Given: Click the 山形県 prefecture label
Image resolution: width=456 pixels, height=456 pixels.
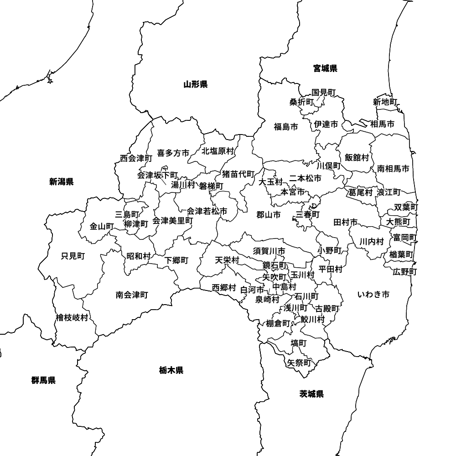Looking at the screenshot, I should click(x=196, y=84).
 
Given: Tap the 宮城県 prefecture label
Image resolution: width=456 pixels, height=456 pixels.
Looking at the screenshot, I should click(x=325, y=68).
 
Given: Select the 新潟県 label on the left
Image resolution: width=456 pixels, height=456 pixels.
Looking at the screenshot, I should click(x=62, y=182).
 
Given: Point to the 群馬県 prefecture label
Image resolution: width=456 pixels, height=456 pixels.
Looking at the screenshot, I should click(x=43, y=380).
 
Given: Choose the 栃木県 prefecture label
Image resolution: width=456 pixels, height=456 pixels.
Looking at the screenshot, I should click(x=171, y=370).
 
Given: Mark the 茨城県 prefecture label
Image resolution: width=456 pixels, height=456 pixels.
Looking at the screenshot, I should click(x=311, y=394).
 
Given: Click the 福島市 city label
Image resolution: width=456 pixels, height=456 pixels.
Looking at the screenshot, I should click(x=286, y=127).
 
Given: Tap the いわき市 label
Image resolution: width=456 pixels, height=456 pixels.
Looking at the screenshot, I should click(x=373, y=295).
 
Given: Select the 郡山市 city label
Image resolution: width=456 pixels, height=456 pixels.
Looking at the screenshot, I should click(x=268, y=215).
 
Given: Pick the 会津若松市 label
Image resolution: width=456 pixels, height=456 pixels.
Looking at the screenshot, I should click(x=207, y=211).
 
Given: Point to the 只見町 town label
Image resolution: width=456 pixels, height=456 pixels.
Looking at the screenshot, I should click(x=73, y=256).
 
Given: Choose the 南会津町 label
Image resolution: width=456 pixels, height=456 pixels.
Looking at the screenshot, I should click(x=132, y=295).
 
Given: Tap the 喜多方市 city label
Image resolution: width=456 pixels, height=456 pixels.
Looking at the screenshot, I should click(x=173, y=153).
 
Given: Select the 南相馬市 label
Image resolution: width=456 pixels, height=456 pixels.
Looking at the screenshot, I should click(x=393, y=169).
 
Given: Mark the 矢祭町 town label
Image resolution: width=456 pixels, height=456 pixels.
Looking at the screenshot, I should click(x=299, y=363).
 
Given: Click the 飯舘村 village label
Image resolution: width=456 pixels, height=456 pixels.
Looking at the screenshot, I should click(x=357, y=157).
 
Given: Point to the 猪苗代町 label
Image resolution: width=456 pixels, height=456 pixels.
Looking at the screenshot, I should click(x=238, y=174).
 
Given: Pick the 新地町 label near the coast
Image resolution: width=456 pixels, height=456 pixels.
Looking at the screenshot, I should click(x=385, y=102).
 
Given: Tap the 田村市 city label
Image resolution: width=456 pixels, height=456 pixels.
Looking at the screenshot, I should click(x=345, y=223).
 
